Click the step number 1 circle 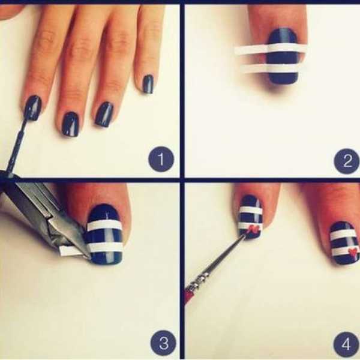click(x=161, y=159)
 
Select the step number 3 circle click(x=164, y=343)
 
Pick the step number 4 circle click(x=347, y=343)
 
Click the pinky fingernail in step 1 click(x=148, y=84)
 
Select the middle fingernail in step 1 click(x=71, y=124)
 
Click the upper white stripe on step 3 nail click(x=104, y=226)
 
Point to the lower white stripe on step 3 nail click(x=105, y=247)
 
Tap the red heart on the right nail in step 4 click(x=353, y=251)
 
